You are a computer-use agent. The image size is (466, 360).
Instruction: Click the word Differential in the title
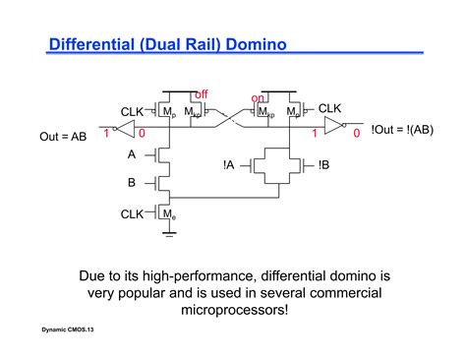93,43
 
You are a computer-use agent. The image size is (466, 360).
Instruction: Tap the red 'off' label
201,94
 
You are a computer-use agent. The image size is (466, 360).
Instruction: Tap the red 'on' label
259,98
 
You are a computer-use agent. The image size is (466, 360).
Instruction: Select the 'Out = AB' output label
63,137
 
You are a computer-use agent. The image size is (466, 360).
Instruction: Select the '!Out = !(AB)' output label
404,129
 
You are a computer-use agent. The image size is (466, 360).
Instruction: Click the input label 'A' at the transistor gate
132,154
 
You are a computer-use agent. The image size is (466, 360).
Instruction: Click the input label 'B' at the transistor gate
132,182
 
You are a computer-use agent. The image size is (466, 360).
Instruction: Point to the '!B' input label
323,166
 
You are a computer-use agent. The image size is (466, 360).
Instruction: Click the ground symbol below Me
168,234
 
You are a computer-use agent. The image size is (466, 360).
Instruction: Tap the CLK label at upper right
330,108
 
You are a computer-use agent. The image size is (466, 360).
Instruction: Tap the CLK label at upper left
134,112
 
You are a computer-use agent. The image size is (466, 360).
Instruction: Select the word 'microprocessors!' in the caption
234,310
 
